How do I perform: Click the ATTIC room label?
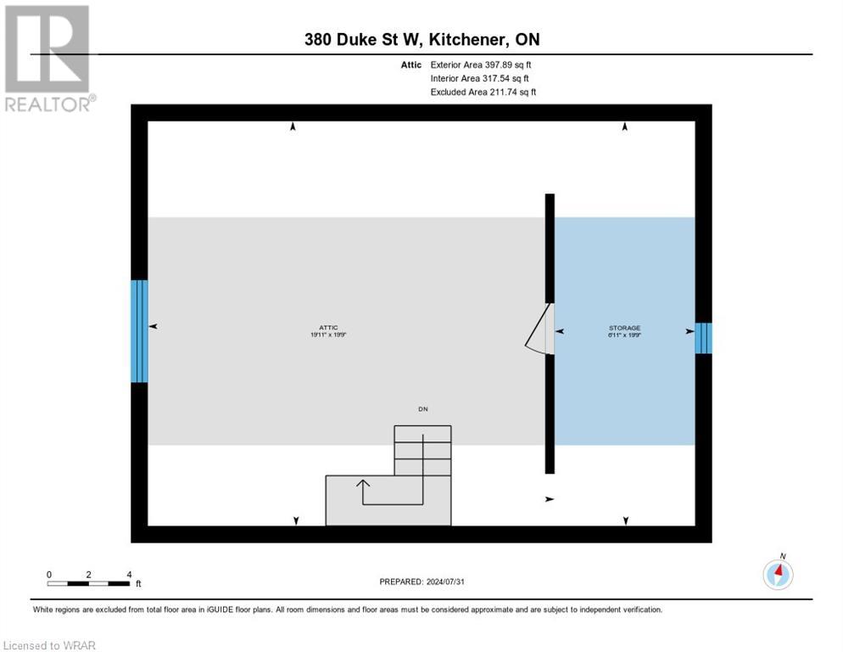(x=329, y=327)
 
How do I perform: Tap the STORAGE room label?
(x=624, y=328)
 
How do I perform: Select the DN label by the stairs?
(x=422, y=409)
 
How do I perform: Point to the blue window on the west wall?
(x=139, y=331)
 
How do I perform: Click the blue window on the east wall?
(x=703, y=338)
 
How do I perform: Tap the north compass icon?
(x=778, y=574)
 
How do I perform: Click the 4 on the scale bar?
(x=129, y=575)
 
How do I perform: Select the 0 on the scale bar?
(x=49, y=575)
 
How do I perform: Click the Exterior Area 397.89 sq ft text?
(x=481, y=65)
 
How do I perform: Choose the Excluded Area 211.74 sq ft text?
(x=483, y=92)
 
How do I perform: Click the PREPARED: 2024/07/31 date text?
(x=422, y=582)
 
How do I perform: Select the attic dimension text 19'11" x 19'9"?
(x=329, y=335)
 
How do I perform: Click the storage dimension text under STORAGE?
(x=624, y=336)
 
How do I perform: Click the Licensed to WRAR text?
(x=51, y=645)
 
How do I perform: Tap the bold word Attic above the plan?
(x=410, y=65)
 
